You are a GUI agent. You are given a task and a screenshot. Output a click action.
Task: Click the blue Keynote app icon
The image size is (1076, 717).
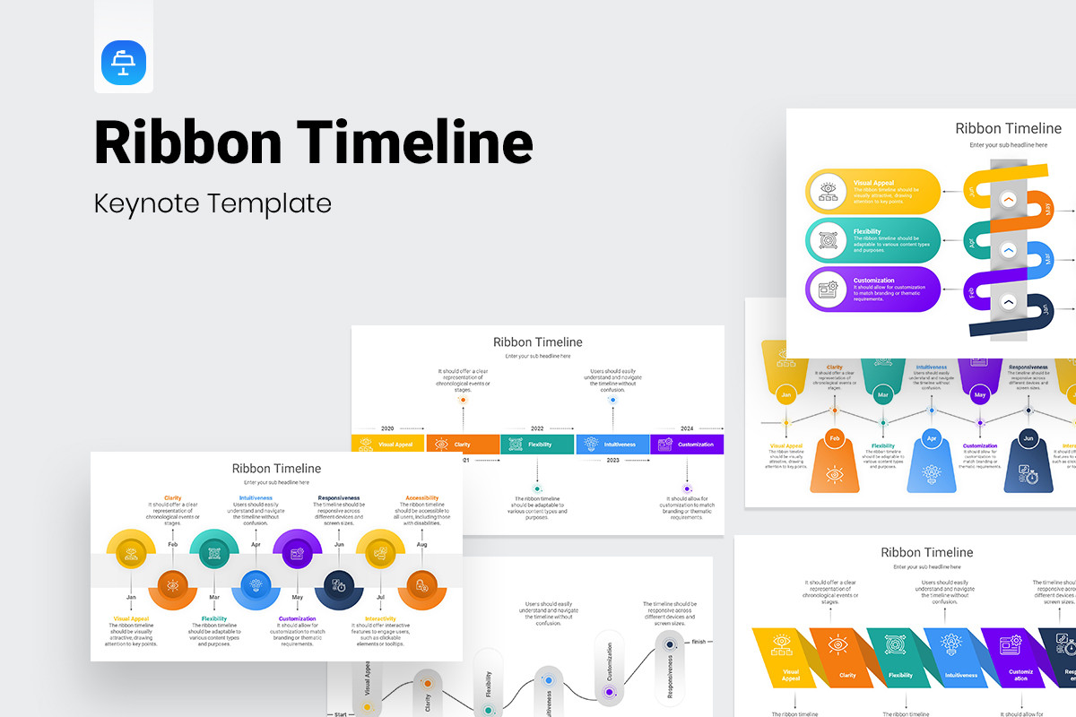coord(124,63)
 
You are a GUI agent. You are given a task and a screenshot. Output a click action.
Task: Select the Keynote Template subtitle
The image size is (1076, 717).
coord(213,203)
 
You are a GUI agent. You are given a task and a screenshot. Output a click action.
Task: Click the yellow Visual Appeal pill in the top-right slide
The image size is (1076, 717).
coord(873,191)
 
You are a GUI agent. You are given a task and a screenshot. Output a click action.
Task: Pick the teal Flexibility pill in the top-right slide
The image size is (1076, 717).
coord(873,240)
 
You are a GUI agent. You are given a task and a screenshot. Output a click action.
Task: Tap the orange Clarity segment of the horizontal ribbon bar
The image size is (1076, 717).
coord(463,444)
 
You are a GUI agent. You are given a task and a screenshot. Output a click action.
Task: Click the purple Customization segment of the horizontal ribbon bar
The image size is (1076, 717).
coord(687,444)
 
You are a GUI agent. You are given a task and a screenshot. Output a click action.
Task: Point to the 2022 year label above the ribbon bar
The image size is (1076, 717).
coord(537,429)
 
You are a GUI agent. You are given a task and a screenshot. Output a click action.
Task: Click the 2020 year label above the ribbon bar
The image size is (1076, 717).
coord(387,429)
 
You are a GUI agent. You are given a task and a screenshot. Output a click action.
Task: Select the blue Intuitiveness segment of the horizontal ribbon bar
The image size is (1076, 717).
coord(612,444)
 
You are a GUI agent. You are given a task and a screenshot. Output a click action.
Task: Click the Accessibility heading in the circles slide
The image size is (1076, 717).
coord(421,497)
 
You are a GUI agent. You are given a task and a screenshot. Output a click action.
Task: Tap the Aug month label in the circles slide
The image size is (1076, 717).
coord(421,544)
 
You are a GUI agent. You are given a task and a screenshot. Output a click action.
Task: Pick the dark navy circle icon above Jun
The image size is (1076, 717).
coord(339,585)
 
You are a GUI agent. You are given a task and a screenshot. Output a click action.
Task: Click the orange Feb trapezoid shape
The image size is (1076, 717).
coord(835,462)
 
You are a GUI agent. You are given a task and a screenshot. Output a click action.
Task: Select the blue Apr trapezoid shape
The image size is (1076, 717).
coord(932,462)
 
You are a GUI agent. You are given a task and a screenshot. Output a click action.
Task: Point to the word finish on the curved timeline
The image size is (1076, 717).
coord(699,642)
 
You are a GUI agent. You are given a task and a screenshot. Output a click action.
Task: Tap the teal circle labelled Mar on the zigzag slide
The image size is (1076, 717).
coord(883,394)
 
